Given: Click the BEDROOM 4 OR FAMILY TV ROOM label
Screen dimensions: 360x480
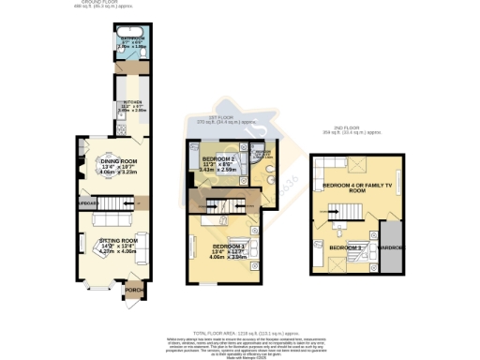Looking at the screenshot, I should (x=352, y=188).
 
